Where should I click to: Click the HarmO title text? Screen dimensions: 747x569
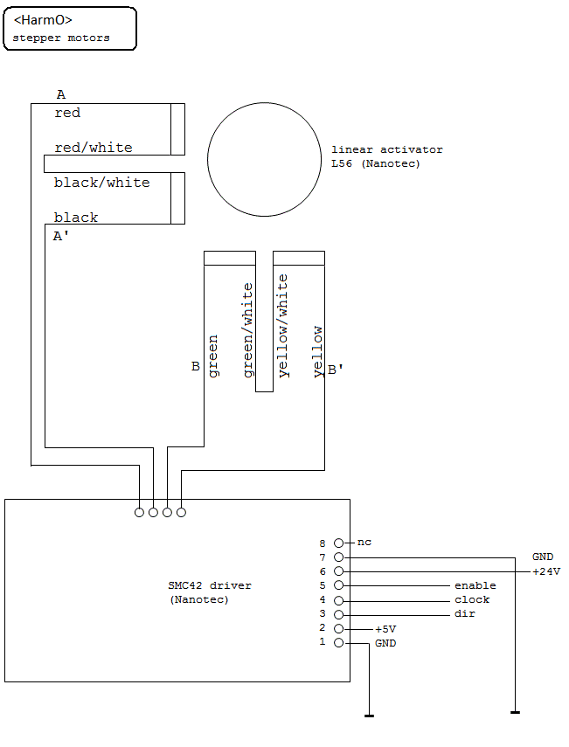pyautogui.click(x=43, y=20)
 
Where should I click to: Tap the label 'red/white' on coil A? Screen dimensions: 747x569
pyautogui.click(x=94, y=148)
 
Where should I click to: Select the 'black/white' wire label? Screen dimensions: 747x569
pyautogui.click(x=101, y=183)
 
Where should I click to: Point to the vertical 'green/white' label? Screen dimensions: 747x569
pyautogui.click(x=248, y=330)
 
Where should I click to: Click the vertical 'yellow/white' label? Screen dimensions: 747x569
pyautogui.click(x=283, y=325)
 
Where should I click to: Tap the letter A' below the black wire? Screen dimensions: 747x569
pyautogui.click(x=61, y=236)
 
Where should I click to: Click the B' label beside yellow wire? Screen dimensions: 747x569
pyautogui.click(x=335, y=369)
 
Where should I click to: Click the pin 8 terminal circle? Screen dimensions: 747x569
pyautogui.click(x=338, y=543)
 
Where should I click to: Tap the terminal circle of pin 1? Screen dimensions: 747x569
pyautogui.click(x=338, y=643)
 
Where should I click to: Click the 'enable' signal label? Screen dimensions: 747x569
pyautogui.click(x=475, y=585)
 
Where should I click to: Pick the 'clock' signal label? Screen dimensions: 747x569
pyautogui.click(x=472, y=599)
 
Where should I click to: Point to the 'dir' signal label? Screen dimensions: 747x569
pyautogui.click(x=464, y=613)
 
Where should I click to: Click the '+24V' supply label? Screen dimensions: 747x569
pyautogui.click(x=546, y=571)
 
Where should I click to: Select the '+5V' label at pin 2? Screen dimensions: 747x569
pyautogui.click(x=385, y=629)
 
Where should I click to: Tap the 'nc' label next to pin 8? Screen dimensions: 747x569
pyautogui.click(x=364, y=543)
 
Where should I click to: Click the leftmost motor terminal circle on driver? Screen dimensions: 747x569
pyautogui.click(x=139, y=512)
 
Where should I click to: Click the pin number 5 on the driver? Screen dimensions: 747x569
pyautogui.click(x=323, y=585)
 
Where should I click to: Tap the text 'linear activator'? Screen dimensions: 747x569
pyautogui.click(x=386, y=149)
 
